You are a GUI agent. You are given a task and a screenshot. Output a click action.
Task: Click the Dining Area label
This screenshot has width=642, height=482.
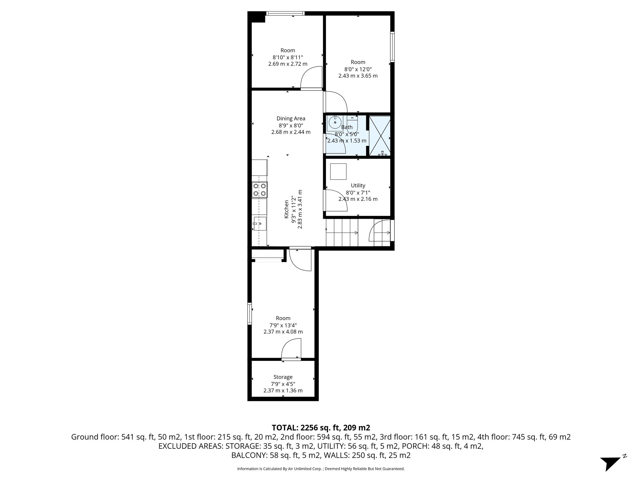click(291, 119)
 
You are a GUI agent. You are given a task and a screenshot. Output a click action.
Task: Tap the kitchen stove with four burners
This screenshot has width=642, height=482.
click(260, 190)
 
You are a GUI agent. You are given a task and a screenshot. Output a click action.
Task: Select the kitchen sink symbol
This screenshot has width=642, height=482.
click(260, 224)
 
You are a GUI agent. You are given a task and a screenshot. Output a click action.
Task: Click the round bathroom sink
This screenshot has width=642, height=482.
click(335, 122)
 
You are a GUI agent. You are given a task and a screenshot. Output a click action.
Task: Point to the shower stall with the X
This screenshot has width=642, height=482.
click(380, 136)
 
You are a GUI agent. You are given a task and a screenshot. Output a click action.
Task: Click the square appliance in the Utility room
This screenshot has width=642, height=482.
click(338, 172)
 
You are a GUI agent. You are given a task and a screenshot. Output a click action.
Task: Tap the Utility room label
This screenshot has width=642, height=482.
click(358, 185)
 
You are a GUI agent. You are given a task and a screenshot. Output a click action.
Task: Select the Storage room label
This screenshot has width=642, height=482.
click(283, 377)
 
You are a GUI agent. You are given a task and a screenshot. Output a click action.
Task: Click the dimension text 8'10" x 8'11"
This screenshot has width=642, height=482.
click(287, 57)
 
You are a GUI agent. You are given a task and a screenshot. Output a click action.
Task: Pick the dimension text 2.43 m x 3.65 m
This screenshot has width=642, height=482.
click(358, 76)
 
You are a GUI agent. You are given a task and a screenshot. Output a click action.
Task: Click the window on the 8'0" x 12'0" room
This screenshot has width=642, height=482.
click(392, 46)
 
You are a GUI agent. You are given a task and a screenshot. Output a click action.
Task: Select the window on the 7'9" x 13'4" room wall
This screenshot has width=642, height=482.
click(250, 313)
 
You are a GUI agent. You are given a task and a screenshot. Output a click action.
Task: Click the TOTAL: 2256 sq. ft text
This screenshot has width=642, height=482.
click(321, 427)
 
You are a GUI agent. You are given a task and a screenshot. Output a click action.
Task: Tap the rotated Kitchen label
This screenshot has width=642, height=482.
click(286, 209)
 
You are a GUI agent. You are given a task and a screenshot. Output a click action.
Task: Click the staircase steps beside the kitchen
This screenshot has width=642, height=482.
click(342, 233)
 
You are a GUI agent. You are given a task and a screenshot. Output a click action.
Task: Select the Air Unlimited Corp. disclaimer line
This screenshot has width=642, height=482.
click(321, 469)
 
